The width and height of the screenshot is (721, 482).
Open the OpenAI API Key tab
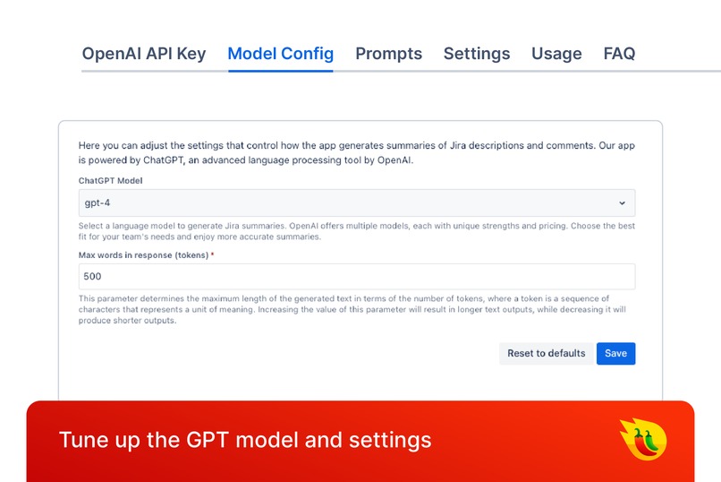tap(143, 54)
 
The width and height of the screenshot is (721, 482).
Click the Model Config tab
tap(280, 54)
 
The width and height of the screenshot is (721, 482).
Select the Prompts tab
tap(388, 54)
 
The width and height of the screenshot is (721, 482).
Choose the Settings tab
tap(476, 54)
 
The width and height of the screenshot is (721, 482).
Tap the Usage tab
tap(556, 54)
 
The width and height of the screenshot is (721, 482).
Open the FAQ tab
tap(619, 54)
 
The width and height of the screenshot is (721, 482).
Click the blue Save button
tap(615, 353)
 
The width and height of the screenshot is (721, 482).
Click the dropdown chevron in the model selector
tap(623, 203)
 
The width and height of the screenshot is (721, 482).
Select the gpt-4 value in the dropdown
tap(98, 203)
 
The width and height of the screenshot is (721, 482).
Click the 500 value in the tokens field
tap(93, 277)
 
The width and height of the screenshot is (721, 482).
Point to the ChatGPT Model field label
tap(110, 181)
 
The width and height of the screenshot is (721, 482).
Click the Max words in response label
tap(143, 255)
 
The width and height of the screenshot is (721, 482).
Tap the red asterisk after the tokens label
tap(213, 255)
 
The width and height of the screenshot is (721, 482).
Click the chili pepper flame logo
tap(643, 439)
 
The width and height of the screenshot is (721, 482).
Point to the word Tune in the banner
tap(80, 440)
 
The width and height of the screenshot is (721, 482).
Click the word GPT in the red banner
tap(208, 440)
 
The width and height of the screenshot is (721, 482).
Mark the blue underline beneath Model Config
tap(280, 71)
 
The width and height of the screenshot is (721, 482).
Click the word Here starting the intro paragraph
tap(89, 145)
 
